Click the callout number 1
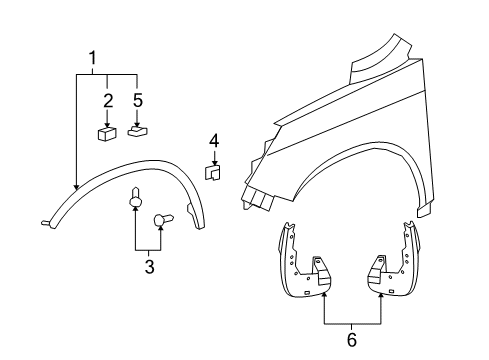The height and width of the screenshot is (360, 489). (94, 58)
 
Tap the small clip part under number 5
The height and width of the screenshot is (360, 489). (139, 129)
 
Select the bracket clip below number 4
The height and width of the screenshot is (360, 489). (213, 172)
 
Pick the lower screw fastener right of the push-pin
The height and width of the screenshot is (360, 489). (163, 221)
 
